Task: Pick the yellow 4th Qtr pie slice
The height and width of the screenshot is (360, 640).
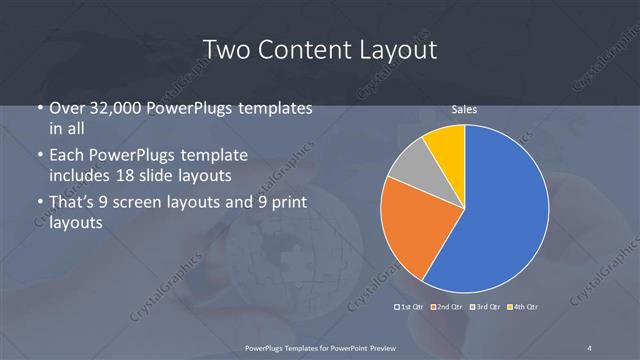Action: (446, 144)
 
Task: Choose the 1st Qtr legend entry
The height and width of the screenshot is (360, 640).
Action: (410, 306)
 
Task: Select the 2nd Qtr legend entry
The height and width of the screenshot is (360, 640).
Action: (446, 306)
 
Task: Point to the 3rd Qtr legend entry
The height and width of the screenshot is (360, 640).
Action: (485, 306)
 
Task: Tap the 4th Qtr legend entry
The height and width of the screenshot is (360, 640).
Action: (523, 306)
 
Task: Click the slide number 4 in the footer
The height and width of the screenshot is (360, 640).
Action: (590, 347)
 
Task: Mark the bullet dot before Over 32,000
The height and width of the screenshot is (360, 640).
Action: (39, 108)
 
